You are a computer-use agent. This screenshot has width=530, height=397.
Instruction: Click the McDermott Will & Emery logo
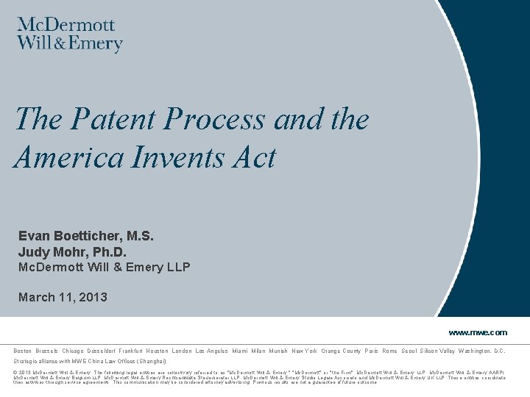point(70,35)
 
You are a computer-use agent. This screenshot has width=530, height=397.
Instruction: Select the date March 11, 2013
point(63,297)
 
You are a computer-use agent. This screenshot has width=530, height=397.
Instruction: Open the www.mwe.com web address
point(478,332)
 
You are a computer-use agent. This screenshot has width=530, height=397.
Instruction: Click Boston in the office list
point(23,351)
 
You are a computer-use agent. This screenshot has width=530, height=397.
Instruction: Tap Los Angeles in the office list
point(212,351)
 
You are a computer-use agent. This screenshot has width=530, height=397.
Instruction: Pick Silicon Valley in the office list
point(437,351)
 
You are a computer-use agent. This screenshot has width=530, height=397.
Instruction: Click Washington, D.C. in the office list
point(482,351)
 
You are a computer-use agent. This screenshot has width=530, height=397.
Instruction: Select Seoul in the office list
point(409,351)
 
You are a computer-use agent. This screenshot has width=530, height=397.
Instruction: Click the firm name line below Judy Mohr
point(104,267)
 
